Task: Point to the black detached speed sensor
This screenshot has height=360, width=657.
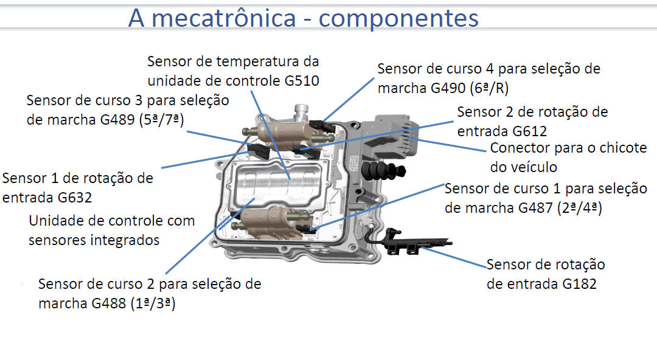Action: [x=414, y=241]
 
